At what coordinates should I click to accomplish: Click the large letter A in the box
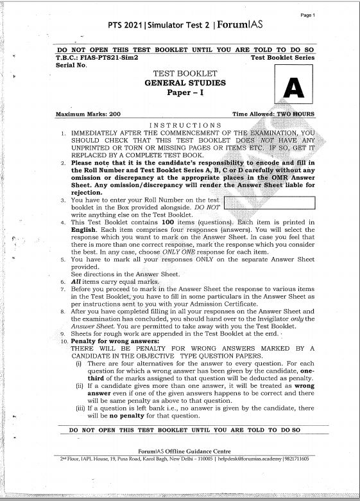pos(292,86)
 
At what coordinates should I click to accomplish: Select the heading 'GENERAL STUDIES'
pos(185,83)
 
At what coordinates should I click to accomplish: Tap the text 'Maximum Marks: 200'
pos(88,114)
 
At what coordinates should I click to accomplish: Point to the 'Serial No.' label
pos(71,66)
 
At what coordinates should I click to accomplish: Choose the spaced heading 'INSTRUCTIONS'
pos(185,124)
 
